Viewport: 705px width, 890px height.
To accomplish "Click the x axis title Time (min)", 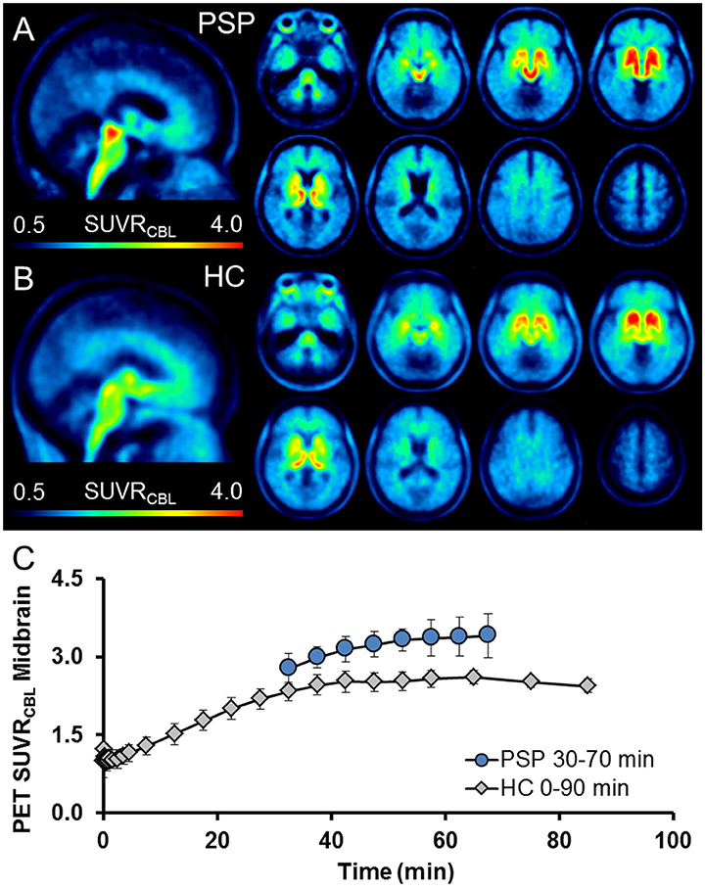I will pos(387,867).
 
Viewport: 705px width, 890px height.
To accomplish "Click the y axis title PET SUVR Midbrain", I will pos(29,695).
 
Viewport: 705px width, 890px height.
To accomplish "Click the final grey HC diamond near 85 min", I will pos(587,685).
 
